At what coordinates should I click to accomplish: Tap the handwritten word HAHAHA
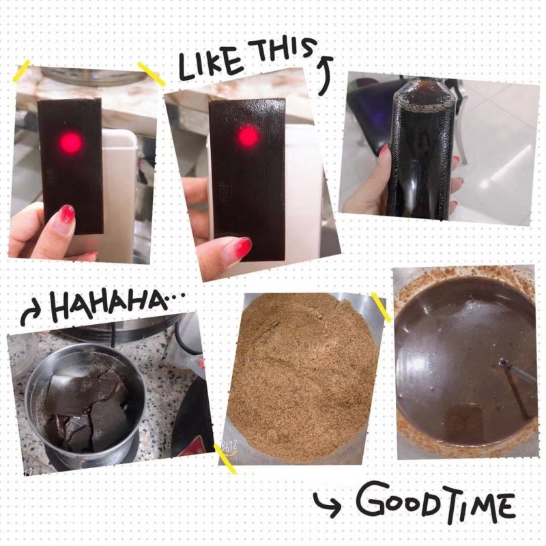pos(107,304)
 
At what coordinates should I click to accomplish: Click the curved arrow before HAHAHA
pos(32,314)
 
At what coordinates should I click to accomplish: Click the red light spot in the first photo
pos(71,142)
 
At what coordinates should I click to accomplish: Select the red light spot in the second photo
pos(248,136)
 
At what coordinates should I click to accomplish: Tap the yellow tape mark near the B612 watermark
pos(225,459)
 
